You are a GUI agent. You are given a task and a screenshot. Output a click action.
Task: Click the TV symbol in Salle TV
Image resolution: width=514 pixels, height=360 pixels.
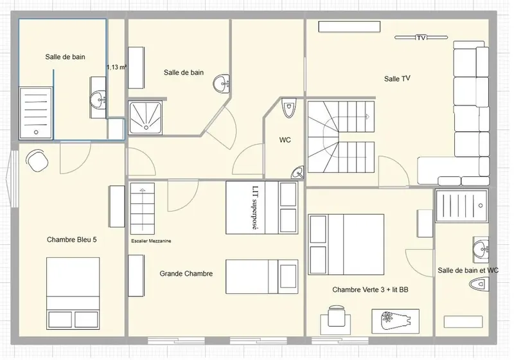pos(421,38)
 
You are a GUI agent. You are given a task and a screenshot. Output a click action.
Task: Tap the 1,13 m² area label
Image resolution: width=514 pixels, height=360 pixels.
pos(116,67)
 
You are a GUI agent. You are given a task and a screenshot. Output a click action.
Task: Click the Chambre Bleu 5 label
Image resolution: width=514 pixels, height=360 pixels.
pos(72,240)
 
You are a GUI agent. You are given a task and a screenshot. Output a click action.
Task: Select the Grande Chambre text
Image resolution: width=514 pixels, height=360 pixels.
pos(186,273)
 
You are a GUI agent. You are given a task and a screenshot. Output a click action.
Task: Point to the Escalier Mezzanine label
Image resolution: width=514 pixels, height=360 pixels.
pos(151,241)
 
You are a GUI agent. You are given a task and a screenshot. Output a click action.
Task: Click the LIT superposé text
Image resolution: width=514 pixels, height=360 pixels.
pos(255,208)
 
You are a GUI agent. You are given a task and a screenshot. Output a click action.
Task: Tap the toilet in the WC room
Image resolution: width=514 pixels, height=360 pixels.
pos(288,108)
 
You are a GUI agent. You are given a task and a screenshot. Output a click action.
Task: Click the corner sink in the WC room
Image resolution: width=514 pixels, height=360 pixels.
pos(298,172)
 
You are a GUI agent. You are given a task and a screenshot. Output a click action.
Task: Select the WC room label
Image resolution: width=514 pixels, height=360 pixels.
pos(285,140)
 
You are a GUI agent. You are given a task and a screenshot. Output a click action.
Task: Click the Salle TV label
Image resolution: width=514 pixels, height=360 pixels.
pos(397,78)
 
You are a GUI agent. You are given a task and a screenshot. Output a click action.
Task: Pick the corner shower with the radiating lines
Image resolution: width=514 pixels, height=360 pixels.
pos(146,118)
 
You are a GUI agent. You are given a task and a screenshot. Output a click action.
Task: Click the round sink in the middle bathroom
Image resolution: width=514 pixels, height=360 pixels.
pos(221,84)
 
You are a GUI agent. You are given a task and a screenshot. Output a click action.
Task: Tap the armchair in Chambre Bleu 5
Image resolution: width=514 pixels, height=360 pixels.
pos(37,161)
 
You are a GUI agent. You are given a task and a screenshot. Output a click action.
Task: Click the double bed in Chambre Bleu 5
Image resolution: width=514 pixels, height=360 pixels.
pos(73,293)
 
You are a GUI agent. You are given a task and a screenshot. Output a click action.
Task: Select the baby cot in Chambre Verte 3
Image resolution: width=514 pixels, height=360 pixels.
pos(395,321)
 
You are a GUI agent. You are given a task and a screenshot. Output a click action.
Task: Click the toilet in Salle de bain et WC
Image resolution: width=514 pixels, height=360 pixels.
pos(479,285)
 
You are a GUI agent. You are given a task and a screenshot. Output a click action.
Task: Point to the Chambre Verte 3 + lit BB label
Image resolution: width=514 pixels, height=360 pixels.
pos(371,290)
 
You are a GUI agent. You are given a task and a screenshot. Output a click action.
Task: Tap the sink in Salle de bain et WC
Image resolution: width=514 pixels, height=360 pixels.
pos(481,248)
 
